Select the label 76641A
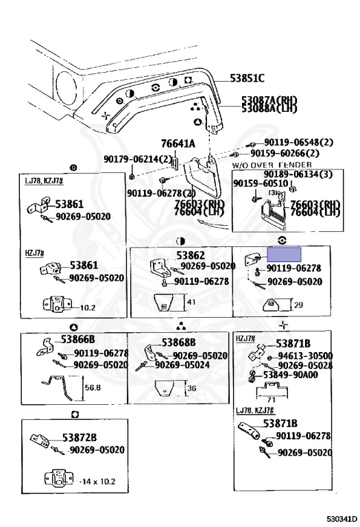pyautogui.click(x=178, y=143)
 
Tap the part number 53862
pyautogui.click(x=191, y=255)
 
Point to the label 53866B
pyautogui.click(x=77, y=339)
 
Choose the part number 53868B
pyautogui.click(x=179, y=342)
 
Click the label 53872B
pyautogui.click(x=80, y=437)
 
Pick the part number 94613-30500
pyautogui.click(x=305, y=356)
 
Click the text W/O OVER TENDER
pyautogui.click(x=272, y=165)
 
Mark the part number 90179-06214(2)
pyautogui.click(x=138, y=159)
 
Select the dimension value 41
pyautogui.click(x=191, y=303)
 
